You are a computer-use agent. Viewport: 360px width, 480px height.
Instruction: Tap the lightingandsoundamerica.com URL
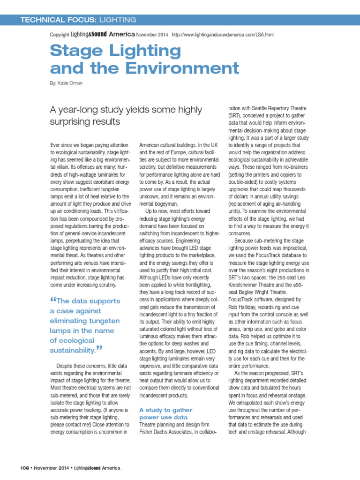point(223,35)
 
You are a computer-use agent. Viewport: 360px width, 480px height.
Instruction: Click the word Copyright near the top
point(59,35)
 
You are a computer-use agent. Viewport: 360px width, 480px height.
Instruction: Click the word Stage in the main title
point(73,51)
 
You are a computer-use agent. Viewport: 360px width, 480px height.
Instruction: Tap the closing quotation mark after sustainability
point(99,348)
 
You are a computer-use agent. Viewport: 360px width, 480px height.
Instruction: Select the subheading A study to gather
point(165,410)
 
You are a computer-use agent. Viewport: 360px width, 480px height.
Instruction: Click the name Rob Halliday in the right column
point(244,307)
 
